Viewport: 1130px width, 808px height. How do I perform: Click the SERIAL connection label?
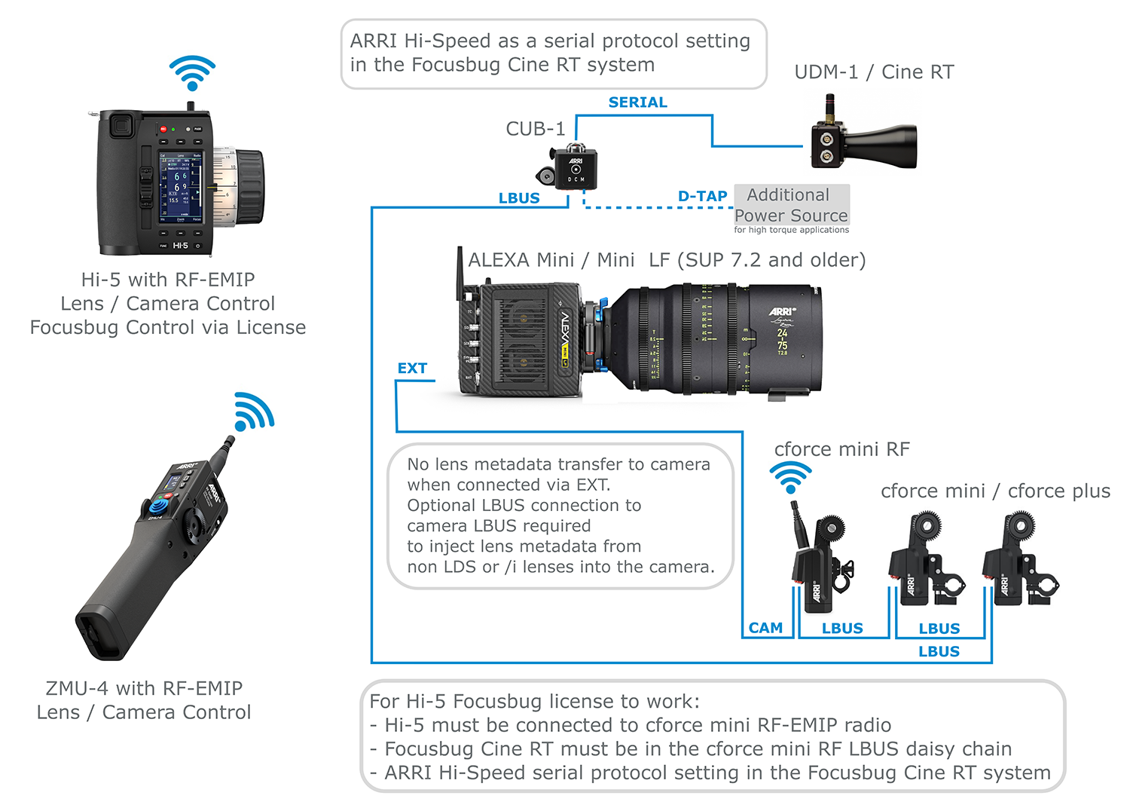(637, 103)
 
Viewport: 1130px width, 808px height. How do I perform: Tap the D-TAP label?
(702, 197)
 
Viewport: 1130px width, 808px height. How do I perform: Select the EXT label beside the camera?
(412, 369)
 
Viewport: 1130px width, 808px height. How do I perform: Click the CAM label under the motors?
(765, 628)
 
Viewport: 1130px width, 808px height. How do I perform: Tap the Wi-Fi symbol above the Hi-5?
(192, 73)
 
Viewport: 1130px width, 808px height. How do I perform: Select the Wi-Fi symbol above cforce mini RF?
(790, 477)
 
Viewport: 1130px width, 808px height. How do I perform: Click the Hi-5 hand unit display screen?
(181, 187)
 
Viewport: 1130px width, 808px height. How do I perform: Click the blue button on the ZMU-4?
(159, 506)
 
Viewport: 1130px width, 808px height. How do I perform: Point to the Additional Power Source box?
(792, 205)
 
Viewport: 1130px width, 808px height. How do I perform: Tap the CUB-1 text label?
(535, 129)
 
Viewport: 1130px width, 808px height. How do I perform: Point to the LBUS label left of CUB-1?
(519, 198)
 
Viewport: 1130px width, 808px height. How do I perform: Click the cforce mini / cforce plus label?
(995, 491)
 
